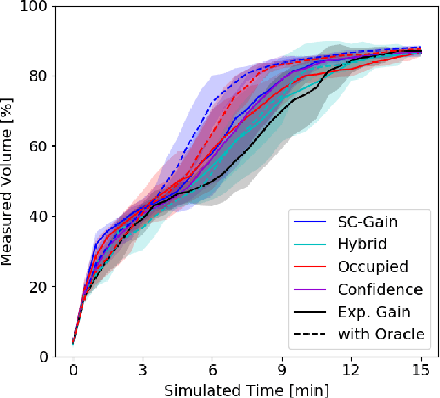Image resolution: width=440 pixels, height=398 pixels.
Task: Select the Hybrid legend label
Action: [361, 244]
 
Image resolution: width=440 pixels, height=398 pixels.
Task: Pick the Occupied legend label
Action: [373, 267]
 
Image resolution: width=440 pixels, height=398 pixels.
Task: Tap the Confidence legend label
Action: [380, 289]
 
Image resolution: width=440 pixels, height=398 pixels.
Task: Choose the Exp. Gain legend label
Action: [374, 312]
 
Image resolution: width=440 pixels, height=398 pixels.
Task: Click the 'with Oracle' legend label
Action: [380, 335]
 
